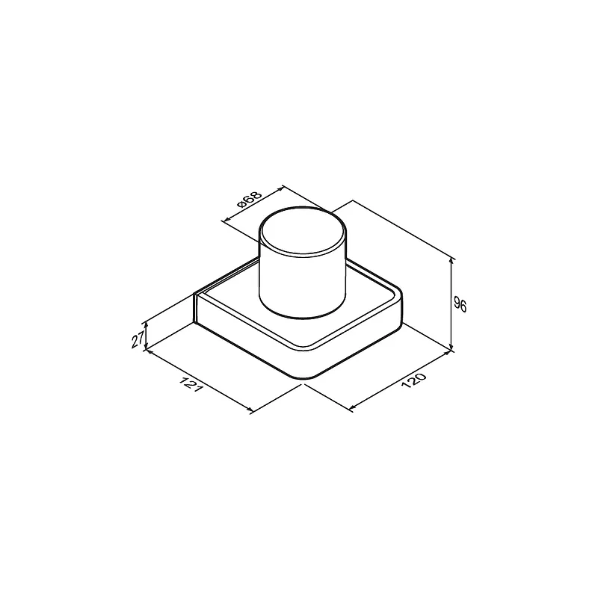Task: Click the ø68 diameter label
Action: [250, 199]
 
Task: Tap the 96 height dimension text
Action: [460, 305]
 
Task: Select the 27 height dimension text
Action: [138, 339]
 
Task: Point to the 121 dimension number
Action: [191, 385]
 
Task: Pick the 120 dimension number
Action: [413, 380]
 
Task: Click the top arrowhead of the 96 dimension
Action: [451, 261]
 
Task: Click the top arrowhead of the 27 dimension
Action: [146, 325]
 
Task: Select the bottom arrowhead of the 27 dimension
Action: [146, 346]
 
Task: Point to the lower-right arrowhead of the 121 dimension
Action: [250, 410]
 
